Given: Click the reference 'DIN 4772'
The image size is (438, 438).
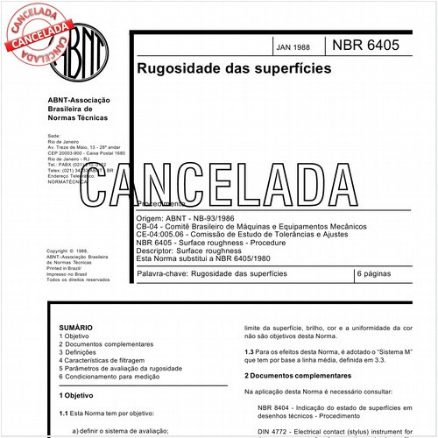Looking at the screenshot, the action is (276, 432).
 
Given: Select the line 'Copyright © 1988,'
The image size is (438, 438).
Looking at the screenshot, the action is (66, 250).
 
